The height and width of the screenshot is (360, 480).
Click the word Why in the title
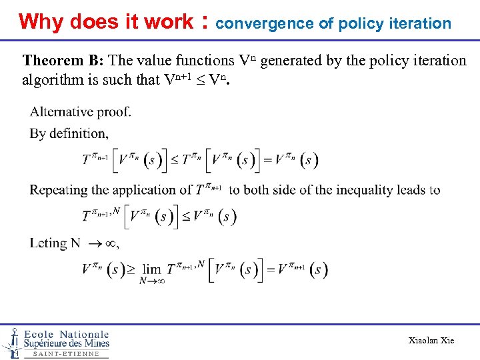[41, 22]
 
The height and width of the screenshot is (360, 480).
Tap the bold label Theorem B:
[63, 61]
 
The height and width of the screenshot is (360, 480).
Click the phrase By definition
[69, 133]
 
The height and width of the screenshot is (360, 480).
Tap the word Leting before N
[48, 243]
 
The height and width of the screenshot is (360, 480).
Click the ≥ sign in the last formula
[131, 269]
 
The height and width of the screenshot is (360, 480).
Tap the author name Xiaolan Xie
[431, 341]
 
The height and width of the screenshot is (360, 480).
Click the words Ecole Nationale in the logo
[66, 334]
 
